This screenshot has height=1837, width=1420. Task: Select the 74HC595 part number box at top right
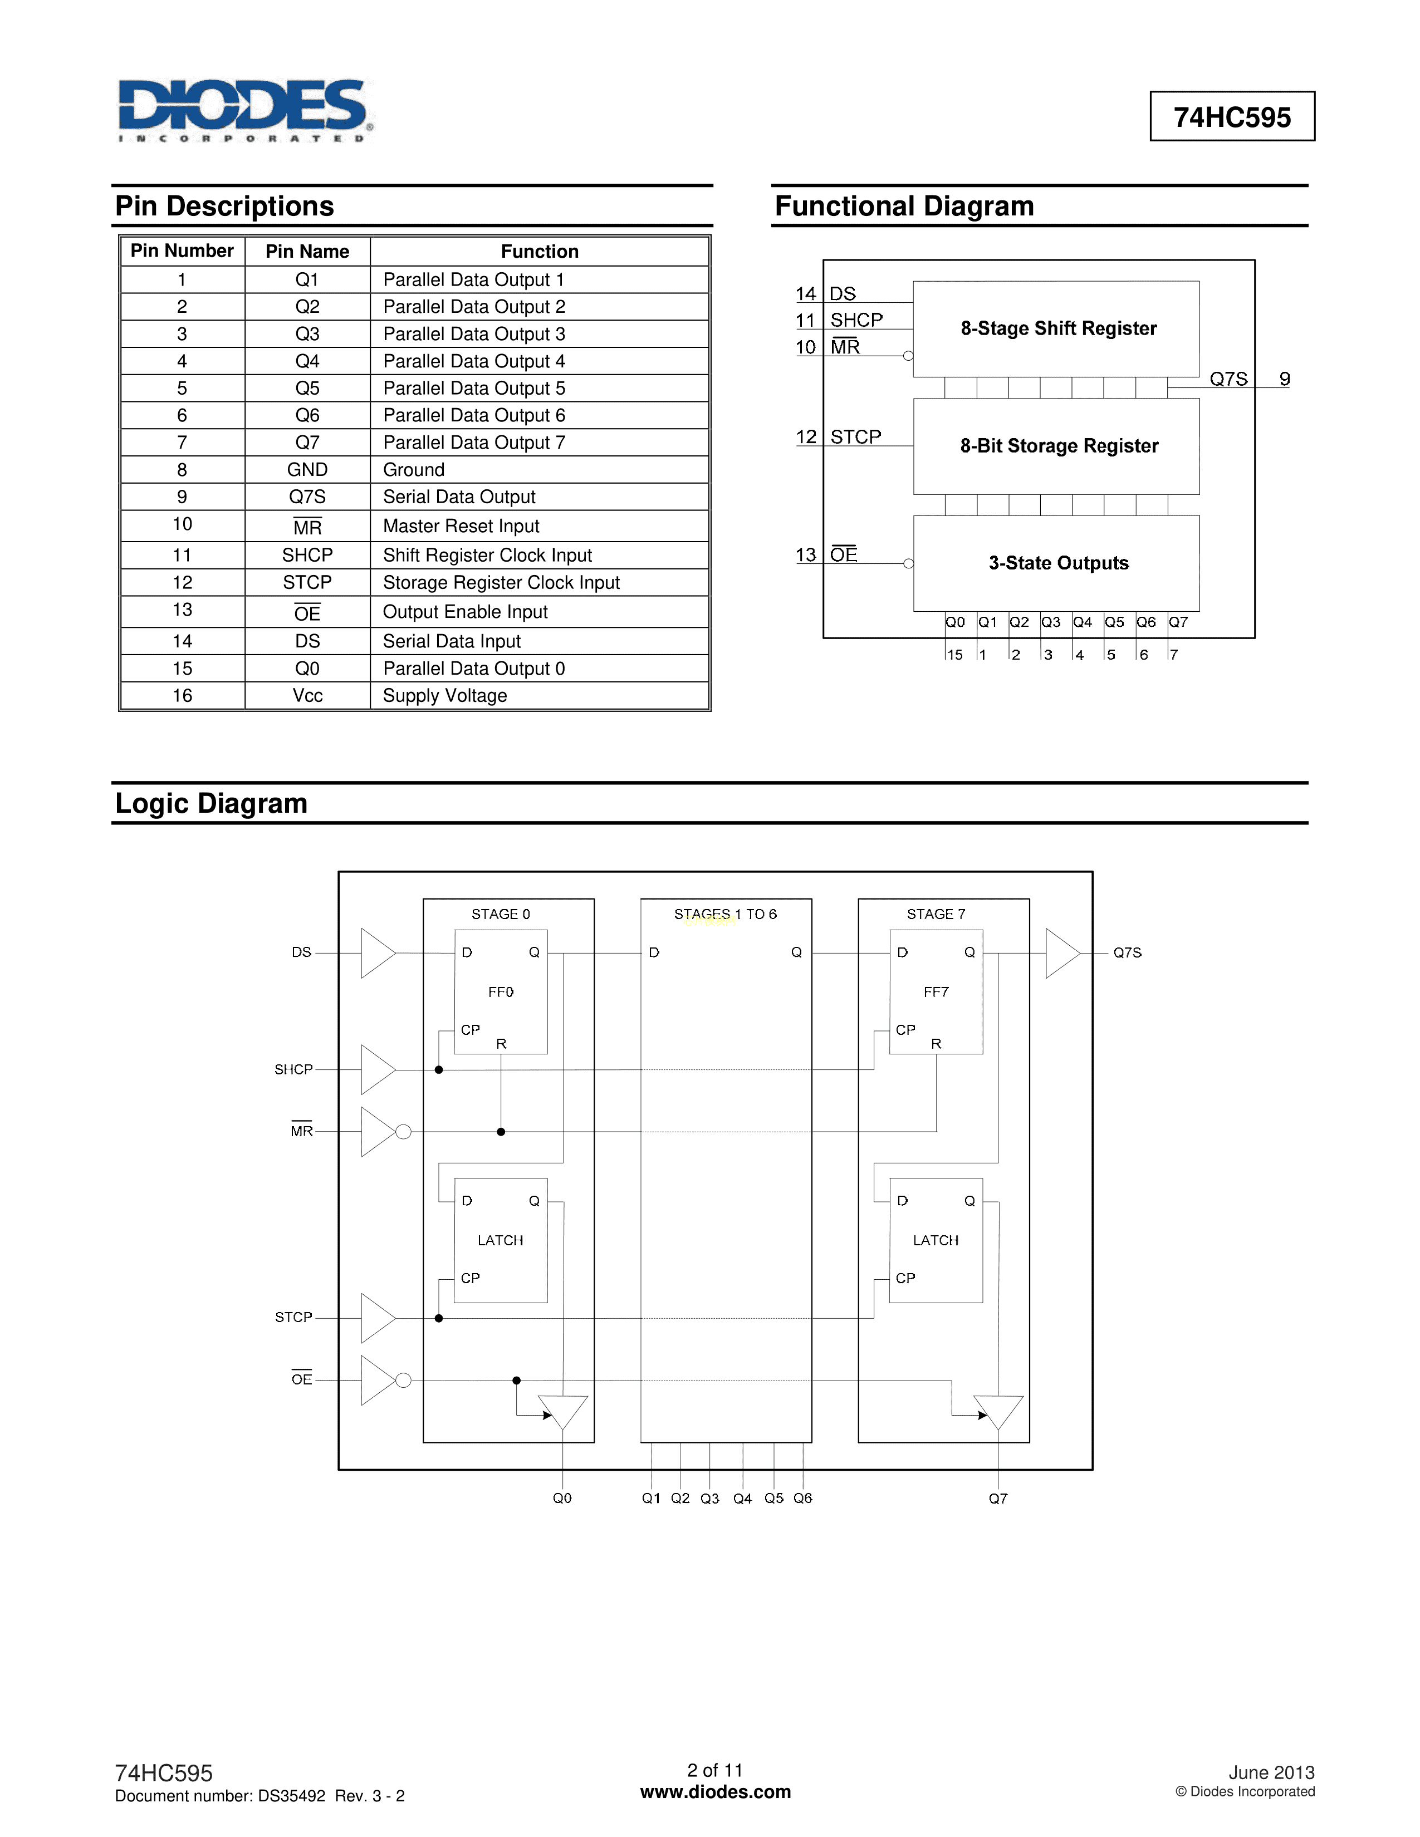1232,117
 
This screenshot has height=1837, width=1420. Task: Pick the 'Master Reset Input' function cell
461,527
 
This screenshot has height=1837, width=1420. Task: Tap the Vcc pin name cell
307,696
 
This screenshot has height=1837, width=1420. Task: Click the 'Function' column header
539,252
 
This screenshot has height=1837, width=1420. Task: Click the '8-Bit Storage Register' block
1058,446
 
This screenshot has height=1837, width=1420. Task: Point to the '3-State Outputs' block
1058,563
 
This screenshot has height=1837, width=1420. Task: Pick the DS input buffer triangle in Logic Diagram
376,953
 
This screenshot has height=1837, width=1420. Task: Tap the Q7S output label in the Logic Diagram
1127,953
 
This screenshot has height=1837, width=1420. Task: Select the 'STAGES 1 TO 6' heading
725,914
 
